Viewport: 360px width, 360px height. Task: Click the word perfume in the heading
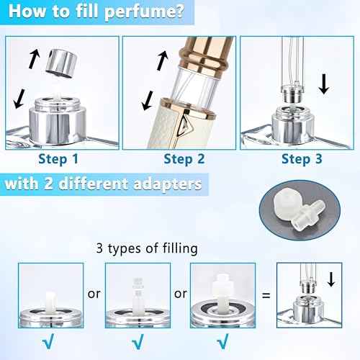143,13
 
